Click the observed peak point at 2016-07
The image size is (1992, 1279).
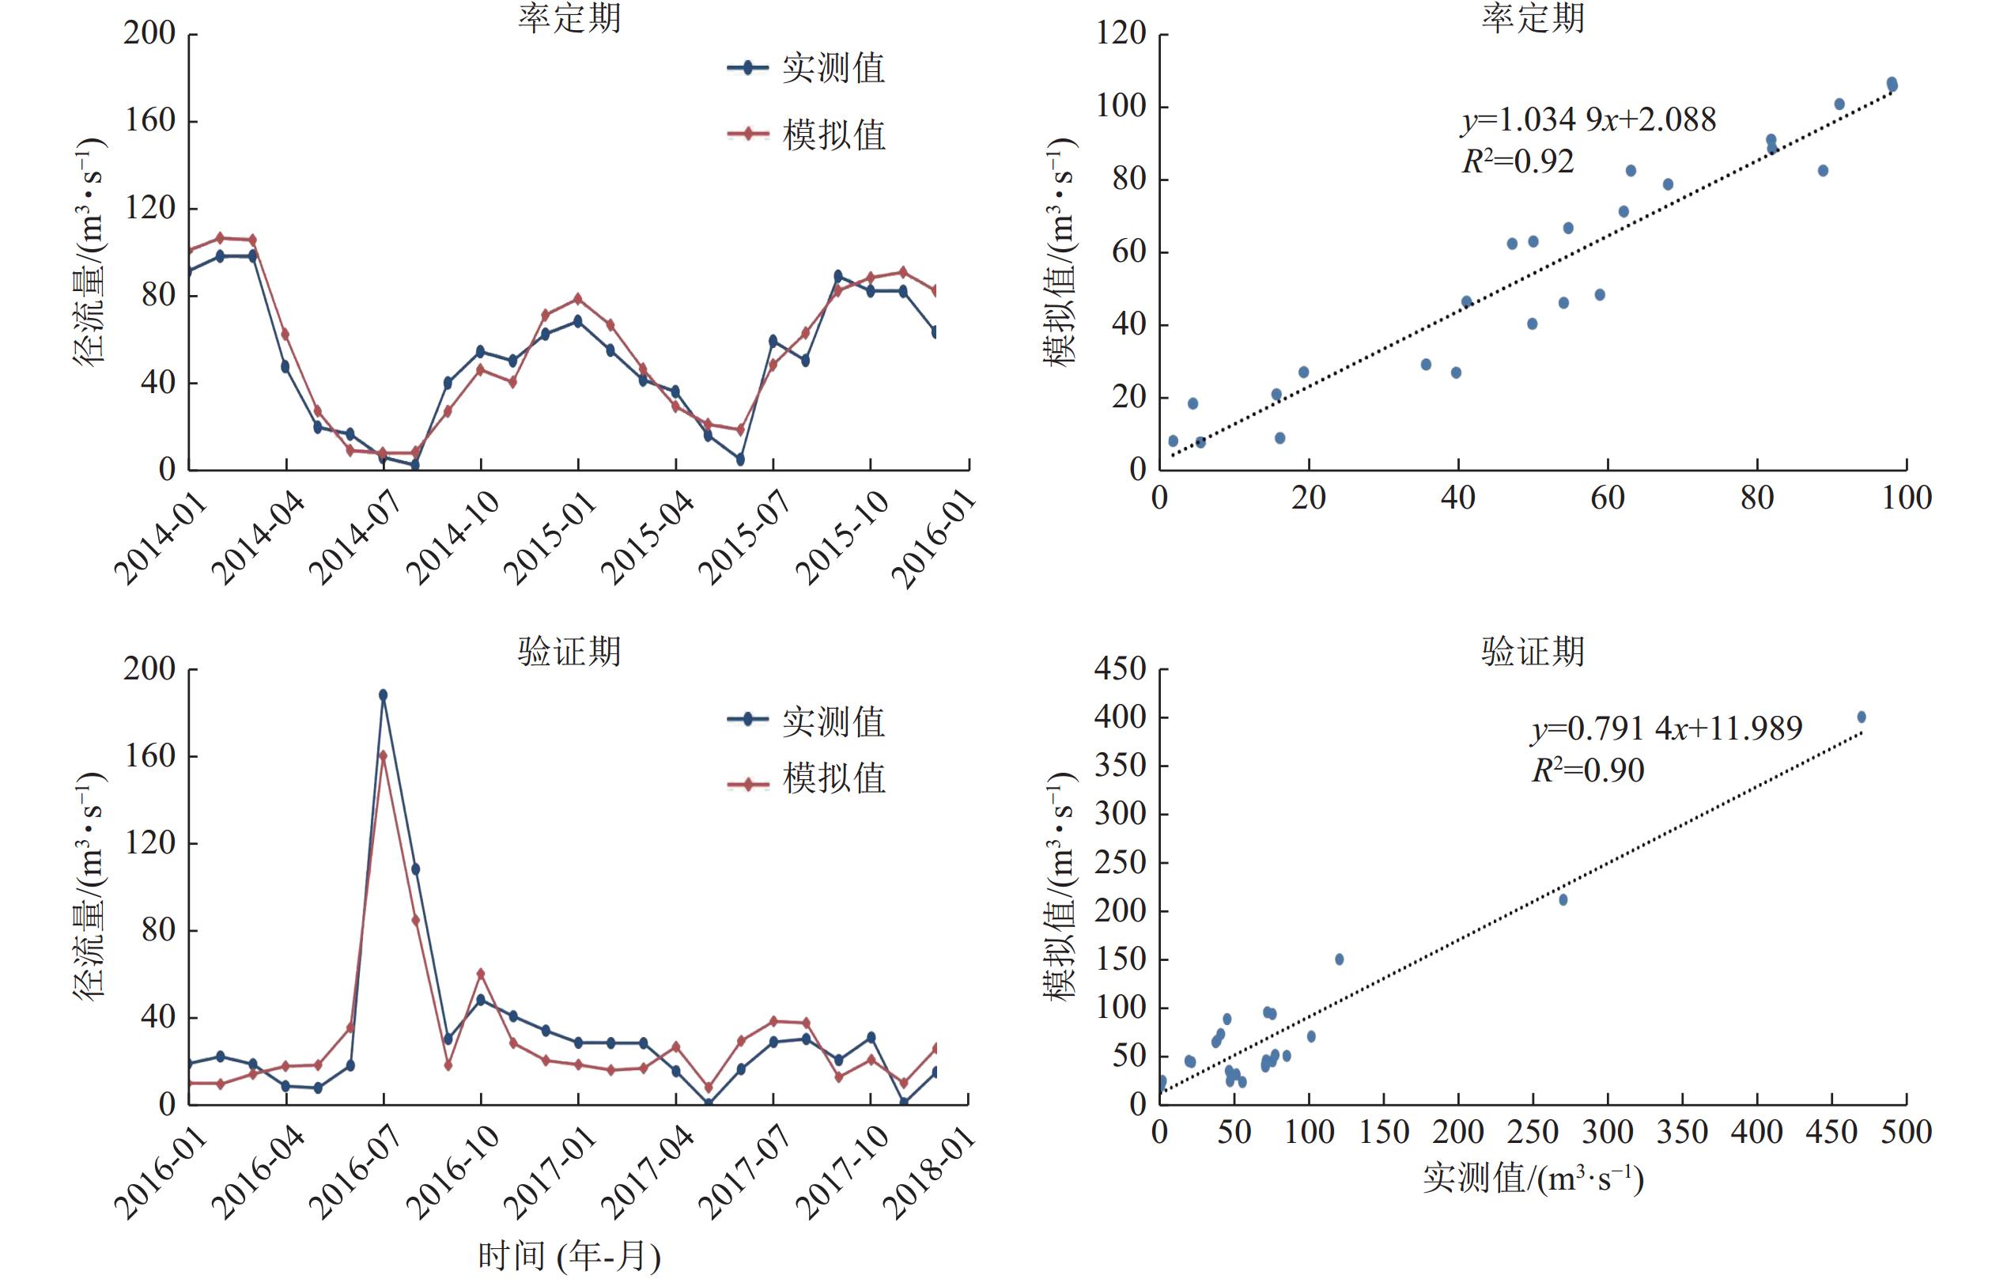point(383,695)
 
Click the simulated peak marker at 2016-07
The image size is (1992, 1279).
point(383,755)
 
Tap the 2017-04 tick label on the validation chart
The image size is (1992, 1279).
point(648,1173)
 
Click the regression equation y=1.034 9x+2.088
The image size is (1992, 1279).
point(1589,120)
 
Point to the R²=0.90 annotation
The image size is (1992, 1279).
point(1588,770)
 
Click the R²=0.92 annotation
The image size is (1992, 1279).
point(1517,161)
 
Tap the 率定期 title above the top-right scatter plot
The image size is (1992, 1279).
point(1532,18)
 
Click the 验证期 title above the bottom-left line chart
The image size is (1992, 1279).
point(569,651)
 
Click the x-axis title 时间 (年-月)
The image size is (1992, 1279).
point(569,1256)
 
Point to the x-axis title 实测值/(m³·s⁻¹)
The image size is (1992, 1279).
point(1533,1178)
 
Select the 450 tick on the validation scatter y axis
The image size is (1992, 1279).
point(1120,668)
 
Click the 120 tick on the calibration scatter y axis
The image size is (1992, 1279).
point(1120,34)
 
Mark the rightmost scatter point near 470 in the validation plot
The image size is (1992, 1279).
point(1862,717)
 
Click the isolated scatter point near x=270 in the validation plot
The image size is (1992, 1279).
point(1563,899)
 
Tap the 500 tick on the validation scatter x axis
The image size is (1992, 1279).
point(1907,1132)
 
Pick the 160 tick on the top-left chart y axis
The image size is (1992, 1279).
point(150,121)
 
